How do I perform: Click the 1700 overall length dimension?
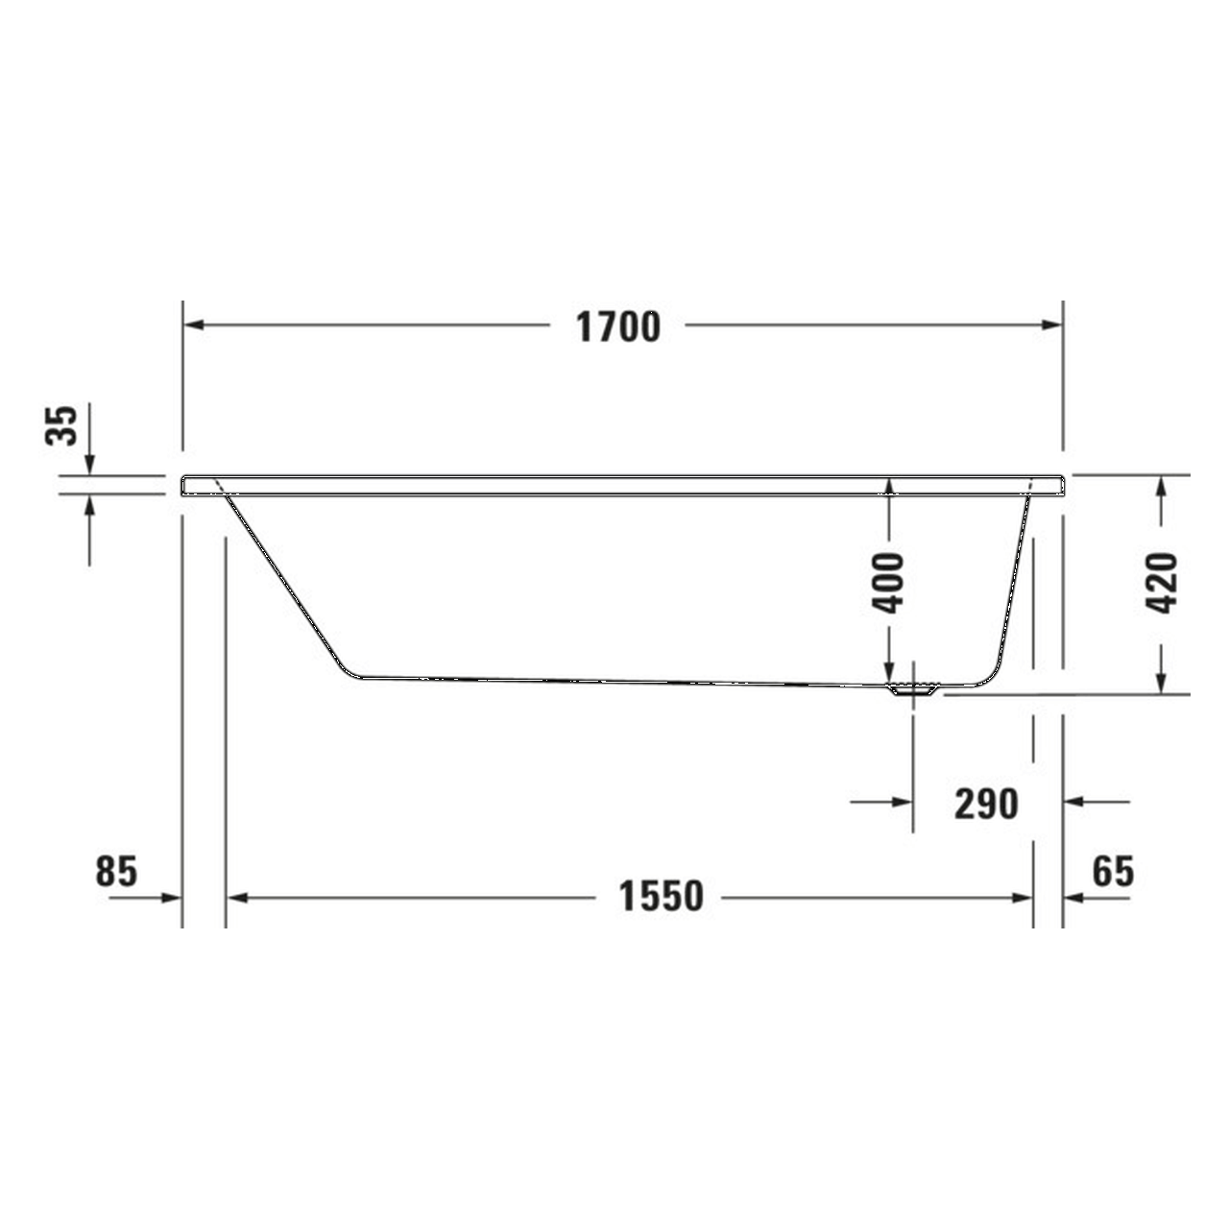click(617, 327)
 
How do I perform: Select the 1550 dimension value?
click(661, 897)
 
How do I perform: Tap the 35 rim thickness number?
click(60, 425)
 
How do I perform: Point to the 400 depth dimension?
click(888, 583)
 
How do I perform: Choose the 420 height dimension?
click(1162, 583)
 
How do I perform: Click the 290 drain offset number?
click(986, 803)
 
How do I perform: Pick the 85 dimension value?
click(117, 872)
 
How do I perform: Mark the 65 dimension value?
click(1113, 872)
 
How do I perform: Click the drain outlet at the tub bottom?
click(913, 688)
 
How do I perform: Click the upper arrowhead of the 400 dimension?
click(889, 487)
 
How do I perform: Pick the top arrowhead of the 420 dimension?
click(1162, 487)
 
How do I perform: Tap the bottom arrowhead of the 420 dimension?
click(1162, 682)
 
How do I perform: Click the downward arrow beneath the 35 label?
click(89, 463)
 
